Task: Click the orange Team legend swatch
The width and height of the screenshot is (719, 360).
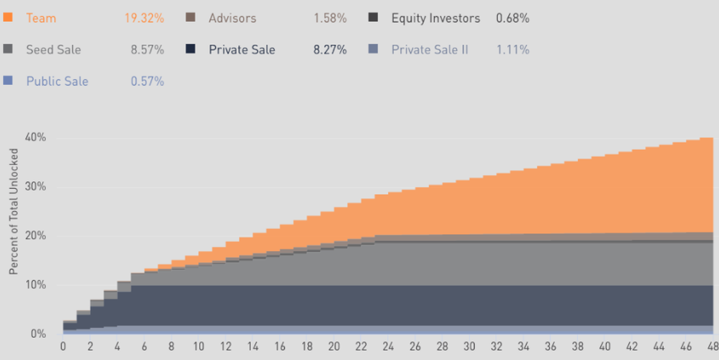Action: click(8, 18)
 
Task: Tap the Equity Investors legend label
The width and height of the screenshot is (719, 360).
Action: click(436, 18)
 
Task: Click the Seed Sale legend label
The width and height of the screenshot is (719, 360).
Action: click(53, 50)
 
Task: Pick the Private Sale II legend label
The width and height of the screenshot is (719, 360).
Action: click(430, 50)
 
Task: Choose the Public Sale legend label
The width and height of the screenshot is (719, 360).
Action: click(57, 81)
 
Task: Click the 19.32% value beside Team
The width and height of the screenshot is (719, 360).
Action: click(144, 18)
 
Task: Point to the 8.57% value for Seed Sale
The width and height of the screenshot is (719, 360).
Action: click(147, 50)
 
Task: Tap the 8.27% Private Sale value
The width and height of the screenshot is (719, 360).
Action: click(330, 50)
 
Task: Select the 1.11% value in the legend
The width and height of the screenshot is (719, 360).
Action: click(512, 50)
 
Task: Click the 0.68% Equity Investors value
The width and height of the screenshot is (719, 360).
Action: click(512, 18)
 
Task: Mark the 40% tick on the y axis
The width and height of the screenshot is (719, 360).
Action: click(35, 138)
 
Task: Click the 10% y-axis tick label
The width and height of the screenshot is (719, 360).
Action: click(35, 285)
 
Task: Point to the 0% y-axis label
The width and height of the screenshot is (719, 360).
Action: click(38, 334)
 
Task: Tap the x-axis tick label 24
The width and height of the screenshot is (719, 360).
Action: click(388, 346)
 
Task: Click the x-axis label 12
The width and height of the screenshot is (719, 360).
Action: click(225, 346)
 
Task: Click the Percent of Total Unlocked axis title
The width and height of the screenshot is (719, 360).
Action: click(14, 219)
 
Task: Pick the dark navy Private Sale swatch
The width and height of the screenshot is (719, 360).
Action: click(191, 50)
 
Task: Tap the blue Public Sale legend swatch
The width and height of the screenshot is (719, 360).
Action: click(8, 81)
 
